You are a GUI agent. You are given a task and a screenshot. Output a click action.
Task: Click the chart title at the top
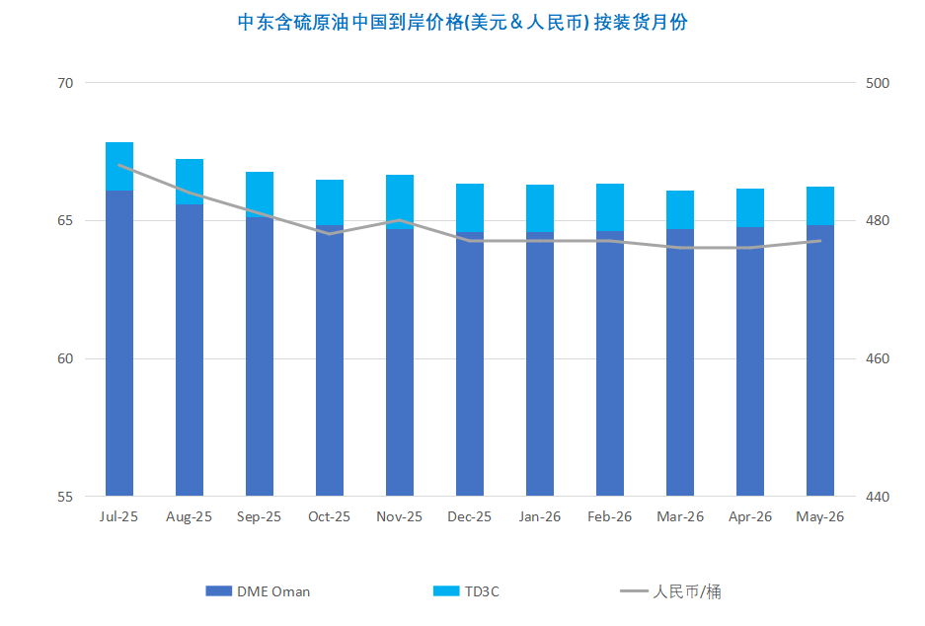tap(463, 23)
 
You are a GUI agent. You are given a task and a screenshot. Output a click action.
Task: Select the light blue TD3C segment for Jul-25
tap(119, 166)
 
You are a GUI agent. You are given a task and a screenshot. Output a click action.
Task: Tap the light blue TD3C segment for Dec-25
tap(470, 207)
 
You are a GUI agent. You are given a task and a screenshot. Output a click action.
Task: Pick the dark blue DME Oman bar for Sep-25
tap(260, 355)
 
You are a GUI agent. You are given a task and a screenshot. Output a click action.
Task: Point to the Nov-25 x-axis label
tap(400, 516)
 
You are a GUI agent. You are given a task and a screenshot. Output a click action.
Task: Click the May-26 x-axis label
tap(819, 516)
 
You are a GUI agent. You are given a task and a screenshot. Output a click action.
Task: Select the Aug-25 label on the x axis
tap(190, 516)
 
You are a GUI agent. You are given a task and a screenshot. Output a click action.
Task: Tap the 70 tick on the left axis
tap(66, 83)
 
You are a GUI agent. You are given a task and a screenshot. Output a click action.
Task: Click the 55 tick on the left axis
tap(66, 496)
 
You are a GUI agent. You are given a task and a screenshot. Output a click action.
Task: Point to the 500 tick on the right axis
tap(877, 83)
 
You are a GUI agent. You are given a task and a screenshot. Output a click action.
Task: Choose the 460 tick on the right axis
tap(877, 358)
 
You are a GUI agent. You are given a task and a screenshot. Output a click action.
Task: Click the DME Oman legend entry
tap(259, 591)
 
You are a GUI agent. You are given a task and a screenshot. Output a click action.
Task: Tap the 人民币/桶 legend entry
tap(678, 591)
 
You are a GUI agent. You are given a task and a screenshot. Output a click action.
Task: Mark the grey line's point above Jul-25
tap(119, 165)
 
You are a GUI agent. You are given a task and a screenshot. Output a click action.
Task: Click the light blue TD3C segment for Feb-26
tap(610, 207)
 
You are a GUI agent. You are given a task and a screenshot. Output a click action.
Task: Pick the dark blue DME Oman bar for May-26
tap(820, 360)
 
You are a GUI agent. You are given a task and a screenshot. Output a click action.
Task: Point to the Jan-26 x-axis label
tap(540, 516)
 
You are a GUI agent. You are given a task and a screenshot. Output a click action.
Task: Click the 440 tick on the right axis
tap(877, 496)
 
